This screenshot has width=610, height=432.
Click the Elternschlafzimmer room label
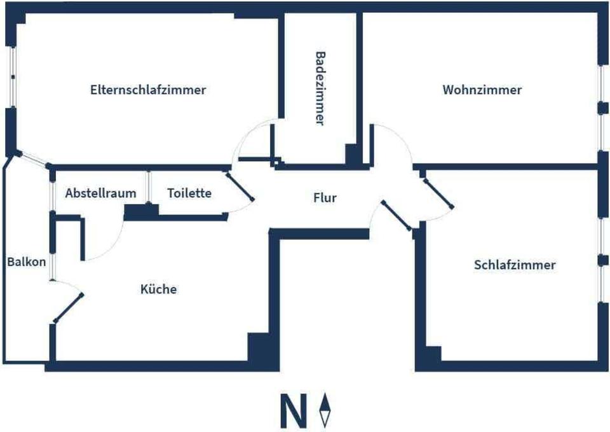click(148, 90)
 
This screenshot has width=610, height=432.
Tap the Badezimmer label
click(320, 88)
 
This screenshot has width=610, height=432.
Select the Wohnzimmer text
click(482, 90)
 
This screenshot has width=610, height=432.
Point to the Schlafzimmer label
click(515, 265)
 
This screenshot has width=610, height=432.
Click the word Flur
click(325, 198)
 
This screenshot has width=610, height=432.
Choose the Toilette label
click(189, 193)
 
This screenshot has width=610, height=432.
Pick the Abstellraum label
click(101, 193)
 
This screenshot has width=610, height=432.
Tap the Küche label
click(158, 289)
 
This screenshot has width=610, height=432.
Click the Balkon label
click(27, 261)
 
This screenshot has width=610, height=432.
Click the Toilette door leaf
click(241, 186)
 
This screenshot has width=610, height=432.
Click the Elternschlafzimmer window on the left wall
click(11, 76)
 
